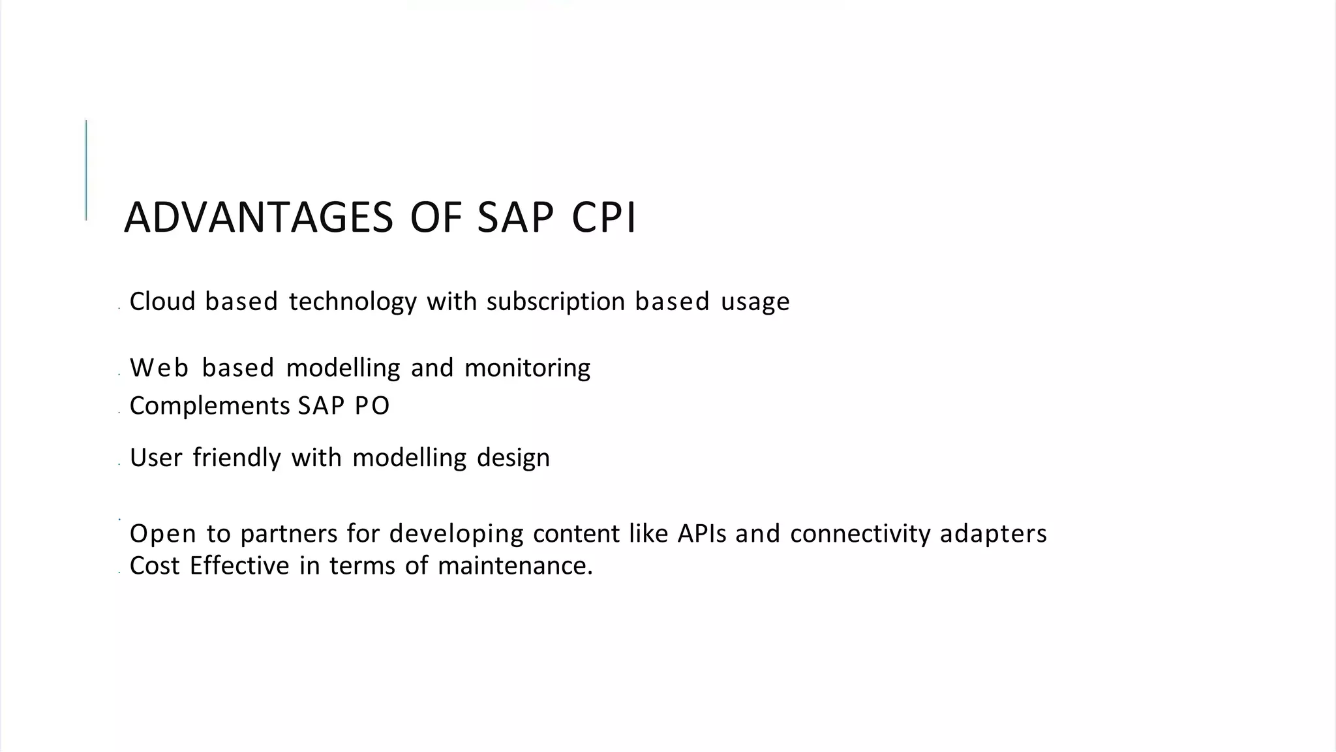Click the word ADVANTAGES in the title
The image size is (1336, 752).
[x=258, y=217]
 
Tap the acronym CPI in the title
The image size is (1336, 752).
[x=603, y=217]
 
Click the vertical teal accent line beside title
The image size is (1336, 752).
[x=86, y=170]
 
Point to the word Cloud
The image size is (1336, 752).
[x=162, y=302]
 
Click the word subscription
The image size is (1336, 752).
[x=556, y=302]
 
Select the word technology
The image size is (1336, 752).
[x=352, y=302]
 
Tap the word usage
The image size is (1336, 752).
[x=755, y=302]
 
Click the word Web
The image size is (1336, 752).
[x=159, y=368]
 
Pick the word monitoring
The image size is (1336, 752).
[x=527, y=368]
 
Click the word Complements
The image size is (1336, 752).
[x=209, y=406]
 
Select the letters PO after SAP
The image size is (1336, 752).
[x=372, y=406]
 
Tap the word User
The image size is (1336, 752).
[x=156, y=458]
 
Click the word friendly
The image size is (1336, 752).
[x=237, y=458]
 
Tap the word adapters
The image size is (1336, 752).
[x=993, y=534]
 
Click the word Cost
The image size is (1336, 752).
[x=155, y=565]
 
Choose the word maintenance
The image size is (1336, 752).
[x=515, y=565]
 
